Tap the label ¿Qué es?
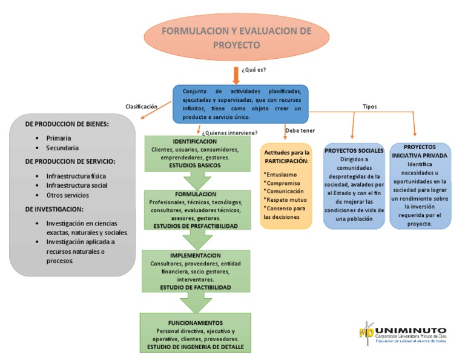tap(254, 70)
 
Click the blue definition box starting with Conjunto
tap(240, 104)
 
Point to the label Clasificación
tap(141, 106)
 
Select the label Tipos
tap(369, 106)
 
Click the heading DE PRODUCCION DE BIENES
tap(67, 124)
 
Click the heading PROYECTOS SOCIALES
tap(354, 150)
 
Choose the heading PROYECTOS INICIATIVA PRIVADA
tap(419, 151)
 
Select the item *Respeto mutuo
tap(285, 199)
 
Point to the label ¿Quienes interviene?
tap(231, 133)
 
